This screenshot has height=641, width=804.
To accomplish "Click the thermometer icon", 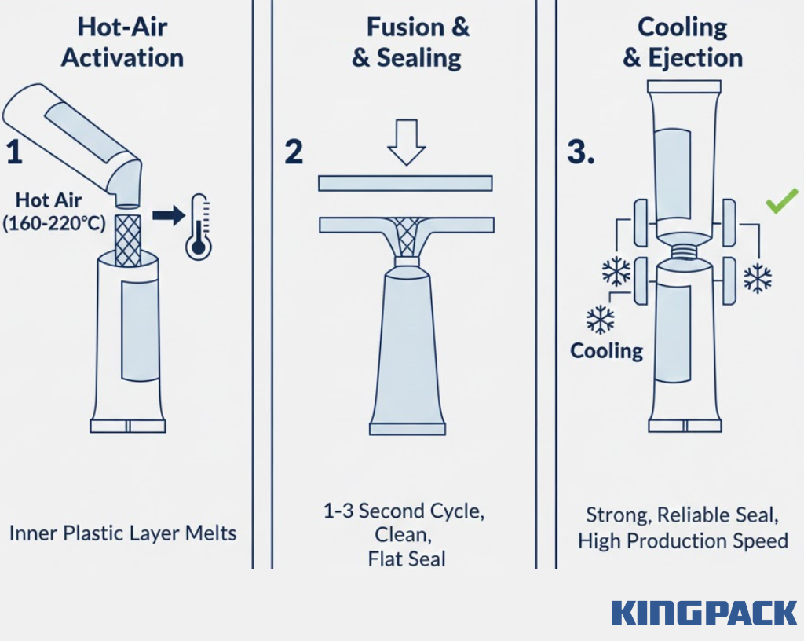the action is pyautogui.click(x=199, y=226).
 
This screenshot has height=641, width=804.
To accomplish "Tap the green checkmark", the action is pyautogui.click(x=782, y=200).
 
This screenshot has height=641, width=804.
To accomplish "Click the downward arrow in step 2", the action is pyautogui.click(x=406, y=142).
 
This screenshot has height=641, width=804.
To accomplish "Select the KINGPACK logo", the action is pyautogui.click(x=704, y=613).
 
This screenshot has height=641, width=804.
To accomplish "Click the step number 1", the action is pyautogui.click(x=14, y=152).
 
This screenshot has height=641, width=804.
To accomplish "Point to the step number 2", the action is pyautogui.click(x=294, y=152).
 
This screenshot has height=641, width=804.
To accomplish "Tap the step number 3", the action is pyautogui.click(x=580, y=152).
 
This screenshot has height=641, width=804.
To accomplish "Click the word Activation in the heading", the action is pyautogui.click(x=122, y=57).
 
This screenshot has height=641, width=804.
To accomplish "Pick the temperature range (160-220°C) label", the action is pyautogui.click(x=54, y=224).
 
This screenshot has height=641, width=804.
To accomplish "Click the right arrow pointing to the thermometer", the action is pyautogui.click(x=169, y=215).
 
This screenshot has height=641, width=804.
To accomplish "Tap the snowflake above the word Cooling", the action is pyautogui.click(x=600, y=320).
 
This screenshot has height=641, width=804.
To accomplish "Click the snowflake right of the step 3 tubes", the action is pyautogui.click(x=758, y=278).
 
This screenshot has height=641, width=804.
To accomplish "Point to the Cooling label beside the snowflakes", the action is pyautogui.click(x=607, y=351).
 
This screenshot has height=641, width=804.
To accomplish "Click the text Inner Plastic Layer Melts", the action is pyautogui.click(x=123, y=533).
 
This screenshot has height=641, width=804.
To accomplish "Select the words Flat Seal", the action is pyautogui.click(x=407, y=559).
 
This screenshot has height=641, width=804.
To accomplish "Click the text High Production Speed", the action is pyautogui.click(x=683, y=541).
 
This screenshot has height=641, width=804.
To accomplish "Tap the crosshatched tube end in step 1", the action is pyautogui.click(x=128, y=240).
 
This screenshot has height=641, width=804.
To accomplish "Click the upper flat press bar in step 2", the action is pyautogui.click(x=406, y=183).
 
